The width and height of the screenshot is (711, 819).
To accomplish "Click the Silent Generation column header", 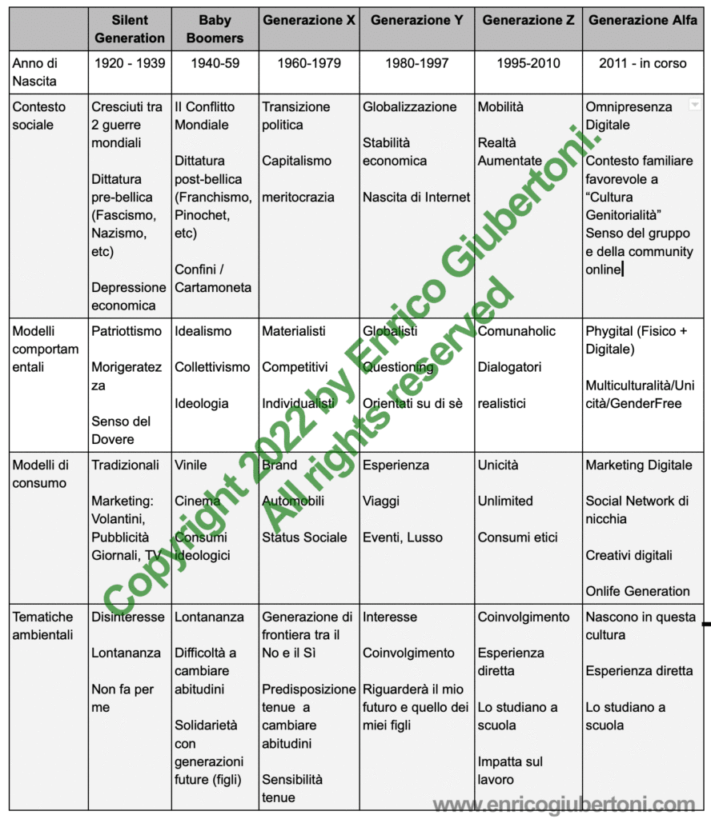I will [129, 29].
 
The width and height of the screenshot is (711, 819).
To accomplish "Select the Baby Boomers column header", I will [214, 29].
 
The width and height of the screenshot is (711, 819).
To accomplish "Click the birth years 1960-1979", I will [308, 63].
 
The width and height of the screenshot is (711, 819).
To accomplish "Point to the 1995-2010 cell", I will [528, 63].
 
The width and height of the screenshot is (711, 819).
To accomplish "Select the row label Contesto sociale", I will [39, 116].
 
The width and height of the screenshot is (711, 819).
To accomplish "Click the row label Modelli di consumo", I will [40, 474].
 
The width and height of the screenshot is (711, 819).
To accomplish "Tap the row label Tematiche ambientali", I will [43, 625].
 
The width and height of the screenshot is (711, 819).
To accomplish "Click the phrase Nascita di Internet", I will [416, 197].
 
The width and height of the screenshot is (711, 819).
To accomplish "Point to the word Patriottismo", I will [127, 331].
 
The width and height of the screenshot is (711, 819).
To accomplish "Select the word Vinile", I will [191, 465].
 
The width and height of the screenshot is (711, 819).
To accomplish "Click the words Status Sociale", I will [304, 537].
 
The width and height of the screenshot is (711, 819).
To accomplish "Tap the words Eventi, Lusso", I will [403, 537].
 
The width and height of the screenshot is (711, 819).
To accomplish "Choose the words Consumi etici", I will [517, 537].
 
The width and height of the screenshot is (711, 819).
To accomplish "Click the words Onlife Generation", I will [637, 591].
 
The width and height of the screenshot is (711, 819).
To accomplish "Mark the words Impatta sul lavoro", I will [510, 770].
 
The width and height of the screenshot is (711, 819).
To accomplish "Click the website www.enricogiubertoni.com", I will [564, 804].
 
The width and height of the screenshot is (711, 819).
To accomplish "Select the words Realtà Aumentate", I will [510, 152].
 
